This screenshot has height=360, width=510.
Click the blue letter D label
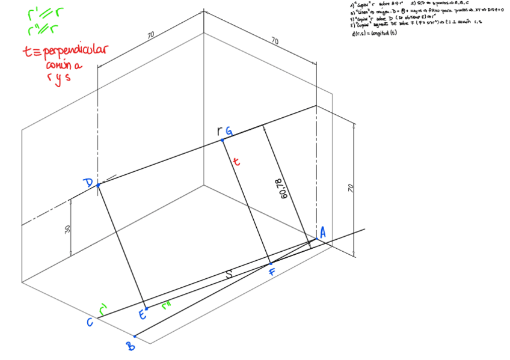[x=88, y=183]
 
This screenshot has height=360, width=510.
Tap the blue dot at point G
[x=222, y=140]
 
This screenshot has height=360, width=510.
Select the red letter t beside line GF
[x=236, y=162]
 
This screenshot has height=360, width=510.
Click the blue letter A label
[x=323, y=233]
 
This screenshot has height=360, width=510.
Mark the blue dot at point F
[x=271, y=263]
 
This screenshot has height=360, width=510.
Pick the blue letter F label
[x=272, y=273]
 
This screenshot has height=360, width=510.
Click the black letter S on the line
[x=229, y=275]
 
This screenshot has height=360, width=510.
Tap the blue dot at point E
[x=146, y=308]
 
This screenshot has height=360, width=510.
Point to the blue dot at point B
[x=135, y=336]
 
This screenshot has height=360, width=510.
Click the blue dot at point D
[x=97, y=186]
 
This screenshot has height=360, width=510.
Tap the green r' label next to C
[x=103, y=309]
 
